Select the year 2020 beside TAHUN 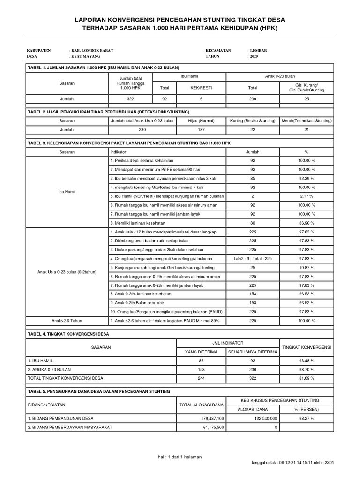[254, 56]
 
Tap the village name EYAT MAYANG [86, 56]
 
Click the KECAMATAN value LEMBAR [258, 50]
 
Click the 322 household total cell [130, 99]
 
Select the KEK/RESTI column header [201, 87]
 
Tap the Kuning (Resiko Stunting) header [253, 121]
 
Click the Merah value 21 [307, 130]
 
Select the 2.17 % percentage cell [307, 196]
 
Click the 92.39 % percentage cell [307, 178]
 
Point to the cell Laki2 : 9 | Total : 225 [253, 259]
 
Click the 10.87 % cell [307, 268]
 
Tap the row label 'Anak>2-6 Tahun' [66, 320]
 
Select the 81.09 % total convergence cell [307, 378]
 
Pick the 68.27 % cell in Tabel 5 [307, 418]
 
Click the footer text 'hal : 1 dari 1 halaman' [180, 457]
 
